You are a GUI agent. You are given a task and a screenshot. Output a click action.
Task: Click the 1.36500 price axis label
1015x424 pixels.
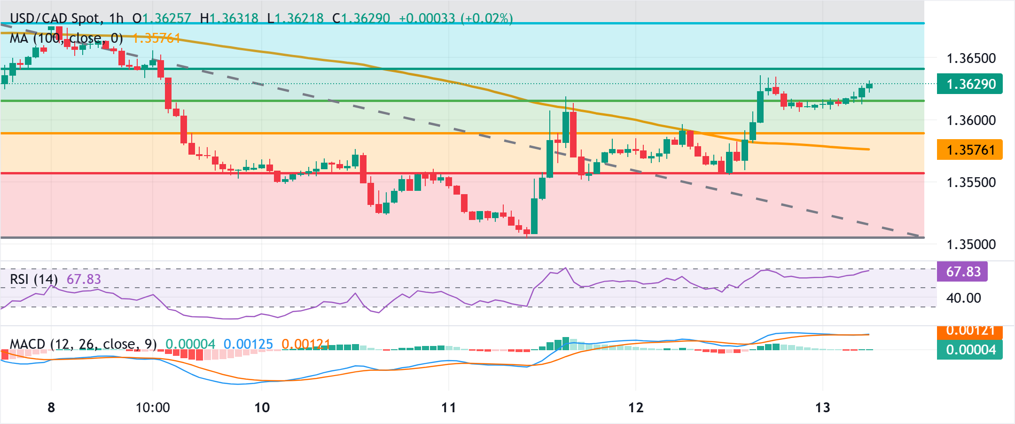971,58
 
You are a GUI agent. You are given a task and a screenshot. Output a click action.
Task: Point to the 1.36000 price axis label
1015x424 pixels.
971,120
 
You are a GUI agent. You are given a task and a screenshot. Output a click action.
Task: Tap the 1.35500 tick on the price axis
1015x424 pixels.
971,182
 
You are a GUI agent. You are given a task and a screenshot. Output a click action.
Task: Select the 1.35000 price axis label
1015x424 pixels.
971,244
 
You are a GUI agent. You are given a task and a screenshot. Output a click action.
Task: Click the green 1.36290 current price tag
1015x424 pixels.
970,84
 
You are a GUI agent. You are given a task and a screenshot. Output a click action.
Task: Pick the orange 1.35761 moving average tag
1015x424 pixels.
970,150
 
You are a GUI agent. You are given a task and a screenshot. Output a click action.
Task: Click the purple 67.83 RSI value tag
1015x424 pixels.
962,272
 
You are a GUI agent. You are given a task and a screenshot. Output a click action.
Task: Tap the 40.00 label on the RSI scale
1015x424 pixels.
963,298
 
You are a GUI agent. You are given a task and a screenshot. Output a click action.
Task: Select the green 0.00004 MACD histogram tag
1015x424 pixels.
970,350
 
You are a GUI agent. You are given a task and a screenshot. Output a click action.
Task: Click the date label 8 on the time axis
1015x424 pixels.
51,408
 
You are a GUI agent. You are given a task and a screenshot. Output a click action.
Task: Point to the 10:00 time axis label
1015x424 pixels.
153,408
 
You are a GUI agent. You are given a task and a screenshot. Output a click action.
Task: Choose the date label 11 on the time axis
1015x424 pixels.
449,408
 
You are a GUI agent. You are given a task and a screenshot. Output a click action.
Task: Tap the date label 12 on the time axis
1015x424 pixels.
636,408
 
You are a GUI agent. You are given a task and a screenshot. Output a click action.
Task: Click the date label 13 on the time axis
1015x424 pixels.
823,408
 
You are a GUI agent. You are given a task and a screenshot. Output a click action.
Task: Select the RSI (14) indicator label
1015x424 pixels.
33,279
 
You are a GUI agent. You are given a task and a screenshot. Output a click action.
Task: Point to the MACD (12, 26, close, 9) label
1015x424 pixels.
83,344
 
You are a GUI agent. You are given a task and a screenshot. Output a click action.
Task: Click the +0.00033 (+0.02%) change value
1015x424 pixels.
455,18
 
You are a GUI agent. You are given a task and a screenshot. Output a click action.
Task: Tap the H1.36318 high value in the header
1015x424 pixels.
229,18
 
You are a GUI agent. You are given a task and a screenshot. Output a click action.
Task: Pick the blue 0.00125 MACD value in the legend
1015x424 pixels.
248,344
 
